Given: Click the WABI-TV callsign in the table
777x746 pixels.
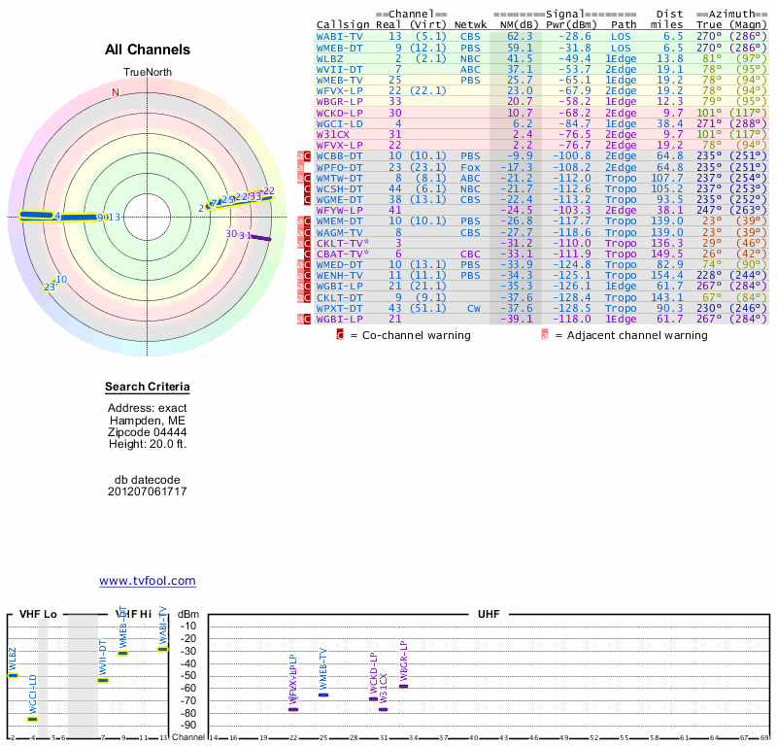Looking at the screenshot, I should [339, 36].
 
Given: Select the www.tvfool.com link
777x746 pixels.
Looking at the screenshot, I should [147, 581].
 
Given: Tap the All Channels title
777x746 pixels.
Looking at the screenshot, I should [148, 50].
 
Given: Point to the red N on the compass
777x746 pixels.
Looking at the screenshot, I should [116, 93].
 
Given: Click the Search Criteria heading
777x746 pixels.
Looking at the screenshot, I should [148, 388].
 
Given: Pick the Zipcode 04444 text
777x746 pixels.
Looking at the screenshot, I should [148, 432].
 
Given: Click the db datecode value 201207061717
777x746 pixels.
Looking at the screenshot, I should [148, 492].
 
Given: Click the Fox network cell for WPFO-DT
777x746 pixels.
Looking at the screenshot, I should [471, 167].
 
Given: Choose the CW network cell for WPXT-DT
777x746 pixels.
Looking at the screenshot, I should [473, 308].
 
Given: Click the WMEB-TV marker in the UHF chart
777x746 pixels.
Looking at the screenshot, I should [322, 695].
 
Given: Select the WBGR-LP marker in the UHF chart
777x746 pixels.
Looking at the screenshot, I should [403, 686].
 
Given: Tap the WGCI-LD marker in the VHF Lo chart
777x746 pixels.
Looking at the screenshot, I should [32, 719].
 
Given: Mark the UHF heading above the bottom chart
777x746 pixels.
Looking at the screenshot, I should [488, 615].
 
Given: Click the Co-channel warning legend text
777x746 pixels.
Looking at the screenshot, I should [410, 335].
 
